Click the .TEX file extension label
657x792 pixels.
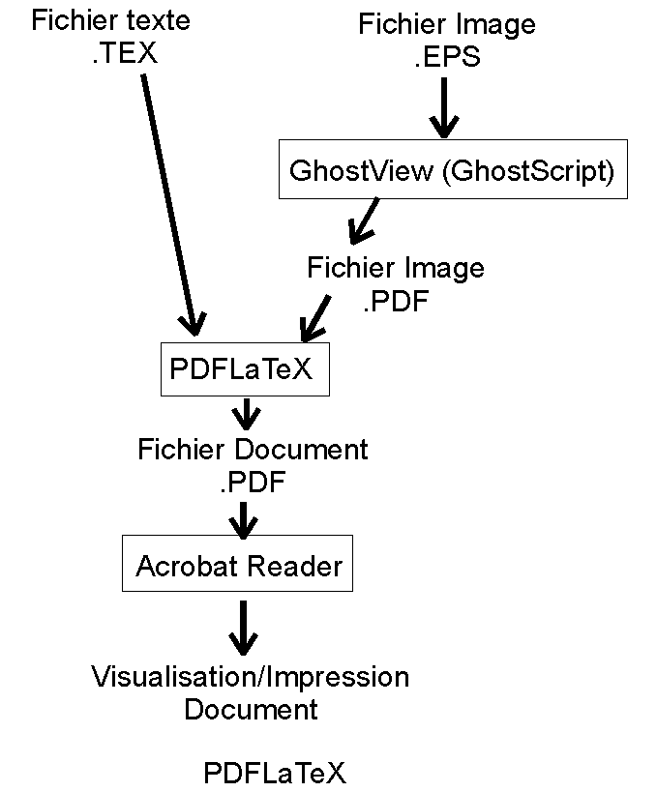[124, 53]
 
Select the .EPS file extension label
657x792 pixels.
[447, 57]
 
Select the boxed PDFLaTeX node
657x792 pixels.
[244, 369]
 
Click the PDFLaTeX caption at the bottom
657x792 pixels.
[274, 774]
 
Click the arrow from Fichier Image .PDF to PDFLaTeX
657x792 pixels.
[315, 318]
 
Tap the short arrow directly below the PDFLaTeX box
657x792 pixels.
[246, 415]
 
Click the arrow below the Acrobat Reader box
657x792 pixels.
[242, 628]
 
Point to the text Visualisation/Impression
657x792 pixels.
[251, 677]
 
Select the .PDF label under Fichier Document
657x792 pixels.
[252, 482]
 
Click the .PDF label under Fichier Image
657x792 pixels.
[395, 301]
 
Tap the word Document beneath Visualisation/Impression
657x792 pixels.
[251, 710]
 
